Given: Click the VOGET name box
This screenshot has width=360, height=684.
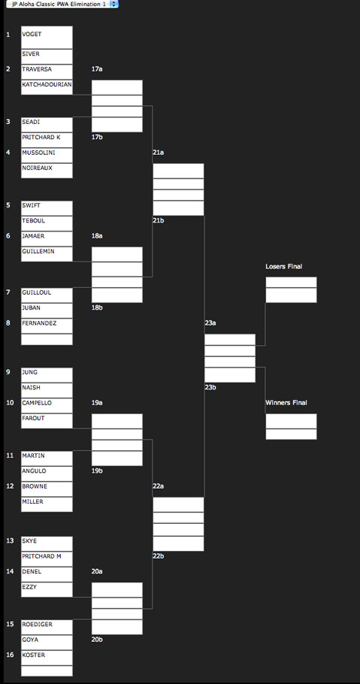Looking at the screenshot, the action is tap(47, 38).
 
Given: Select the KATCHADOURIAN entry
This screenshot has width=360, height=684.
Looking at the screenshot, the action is tap(47, 87).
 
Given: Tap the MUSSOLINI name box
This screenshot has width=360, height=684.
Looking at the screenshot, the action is tap(47, 156).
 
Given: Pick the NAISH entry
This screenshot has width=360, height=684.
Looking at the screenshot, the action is tap(47, 390).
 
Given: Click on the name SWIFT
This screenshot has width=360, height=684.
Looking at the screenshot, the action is tap(31, 205).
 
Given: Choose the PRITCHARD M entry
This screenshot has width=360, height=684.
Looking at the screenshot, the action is tap(47, 559).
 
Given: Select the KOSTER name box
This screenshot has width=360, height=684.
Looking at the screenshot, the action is tap(47, 658).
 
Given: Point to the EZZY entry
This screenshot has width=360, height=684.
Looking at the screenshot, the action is tap(47, 590).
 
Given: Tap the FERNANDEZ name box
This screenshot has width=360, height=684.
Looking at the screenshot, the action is tap(47, 326).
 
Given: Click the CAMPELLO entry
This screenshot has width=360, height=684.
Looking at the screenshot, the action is tap(47, 406).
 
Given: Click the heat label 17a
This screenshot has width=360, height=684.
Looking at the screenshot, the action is tap(97, 69).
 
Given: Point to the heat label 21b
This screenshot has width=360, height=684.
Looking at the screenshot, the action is tap(158, 220).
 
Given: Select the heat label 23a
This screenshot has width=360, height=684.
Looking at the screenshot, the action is tap(210, 322).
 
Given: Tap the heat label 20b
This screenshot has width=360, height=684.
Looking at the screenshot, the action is tap(97, 640).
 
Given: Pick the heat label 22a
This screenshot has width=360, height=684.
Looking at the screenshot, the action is tap(158, 486).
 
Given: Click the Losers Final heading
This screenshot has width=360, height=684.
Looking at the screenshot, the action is tap(283, 266).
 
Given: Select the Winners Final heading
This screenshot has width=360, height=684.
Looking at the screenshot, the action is tap(286, 403).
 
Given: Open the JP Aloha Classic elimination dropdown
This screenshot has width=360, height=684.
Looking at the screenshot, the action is tap(62, 4).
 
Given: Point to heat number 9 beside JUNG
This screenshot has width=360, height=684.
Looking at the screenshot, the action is tap(8, 372).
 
